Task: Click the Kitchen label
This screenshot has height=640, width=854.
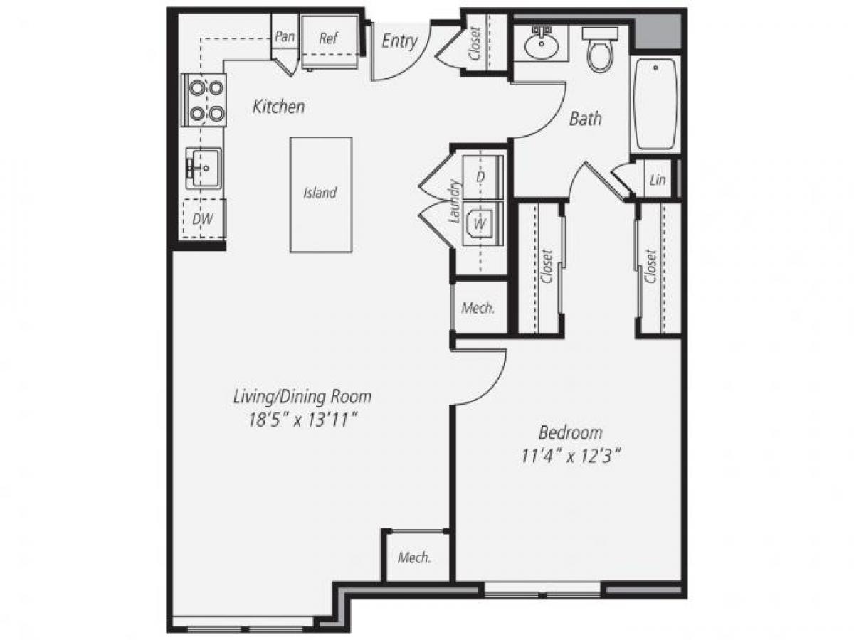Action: pyautogui.click(x=279, y=107)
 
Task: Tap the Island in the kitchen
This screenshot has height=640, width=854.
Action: pyautogui.click(x=321, y=193)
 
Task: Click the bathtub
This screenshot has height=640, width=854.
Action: pyautogui.click(x=655, y=105)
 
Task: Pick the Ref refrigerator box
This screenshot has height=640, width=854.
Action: pyautogui.click(x=328, y=39)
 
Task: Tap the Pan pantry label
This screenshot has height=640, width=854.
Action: pyautogui.click(x=285, y=36)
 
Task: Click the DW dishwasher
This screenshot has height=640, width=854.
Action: pyautogui.click(x=203, y=220)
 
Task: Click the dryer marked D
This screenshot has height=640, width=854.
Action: pyautogui.click(x=482, y=176)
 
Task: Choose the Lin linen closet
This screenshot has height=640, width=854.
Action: pyautogui.click(x=658, y=180)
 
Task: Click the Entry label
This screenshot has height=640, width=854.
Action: pyautogui.click(x=399, y=41)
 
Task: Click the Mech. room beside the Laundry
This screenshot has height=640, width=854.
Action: pyautogui.click(x=478, y=308)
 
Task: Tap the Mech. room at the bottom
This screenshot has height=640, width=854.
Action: pyautogui.click(x=414, y=558)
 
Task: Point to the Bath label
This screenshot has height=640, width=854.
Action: pyautogui.click(x=585, y=119)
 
